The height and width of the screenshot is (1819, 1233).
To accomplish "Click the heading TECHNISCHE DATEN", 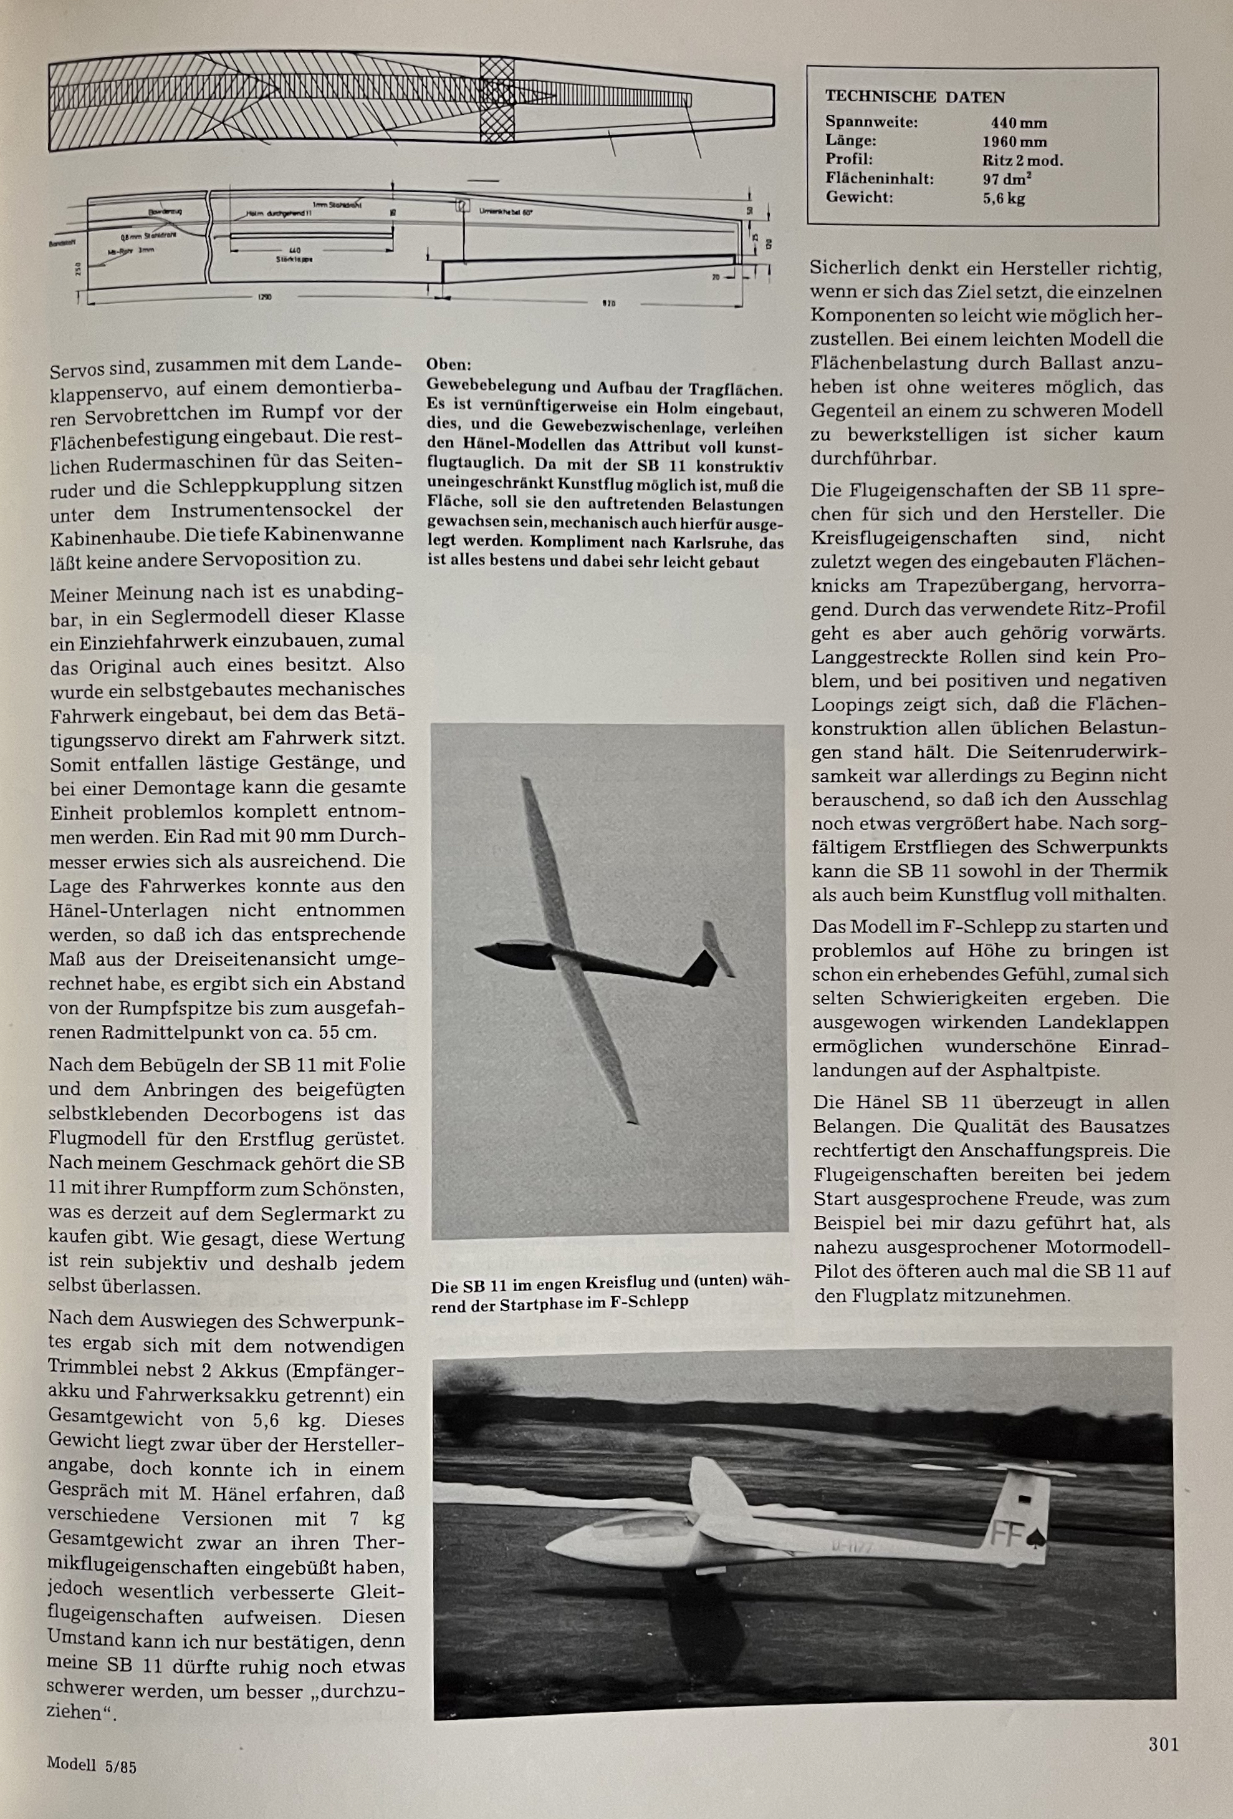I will click(x=914, y=97).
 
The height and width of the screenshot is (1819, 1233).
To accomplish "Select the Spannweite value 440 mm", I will click(x=1018, y=123).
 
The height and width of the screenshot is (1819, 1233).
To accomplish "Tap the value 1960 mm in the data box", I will click(x=1014, y=142).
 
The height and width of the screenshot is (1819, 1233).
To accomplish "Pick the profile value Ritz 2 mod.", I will click(x=1022, y=160).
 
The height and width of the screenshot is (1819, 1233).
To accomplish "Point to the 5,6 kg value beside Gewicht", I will click(x=1003, y=198).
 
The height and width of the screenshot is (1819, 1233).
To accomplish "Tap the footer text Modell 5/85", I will click(x=91, y=1763).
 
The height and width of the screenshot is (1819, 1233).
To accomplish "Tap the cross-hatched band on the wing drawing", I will click(x=496, y=100).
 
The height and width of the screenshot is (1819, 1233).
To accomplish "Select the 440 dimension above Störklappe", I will click(x=294, y=251).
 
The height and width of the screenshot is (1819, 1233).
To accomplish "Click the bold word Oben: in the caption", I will click(x=448, y=365).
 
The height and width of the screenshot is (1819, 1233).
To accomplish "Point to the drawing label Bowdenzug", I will click(x=163, y=211).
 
